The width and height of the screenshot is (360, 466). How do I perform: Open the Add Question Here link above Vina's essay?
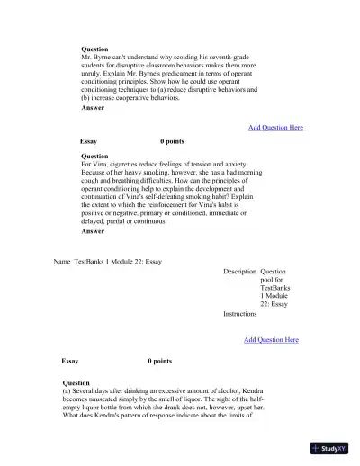pos(275,128)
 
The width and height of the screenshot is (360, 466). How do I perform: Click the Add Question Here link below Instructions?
pos(271,340)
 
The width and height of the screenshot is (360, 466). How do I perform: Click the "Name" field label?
pos(62,262)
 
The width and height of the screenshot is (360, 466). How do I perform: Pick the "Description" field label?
pos(240,271)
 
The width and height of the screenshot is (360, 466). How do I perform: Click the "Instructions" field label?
pos(240,315)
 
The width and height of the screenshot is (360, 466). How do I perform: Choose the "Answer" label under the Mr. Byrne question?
pos(93,108)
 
